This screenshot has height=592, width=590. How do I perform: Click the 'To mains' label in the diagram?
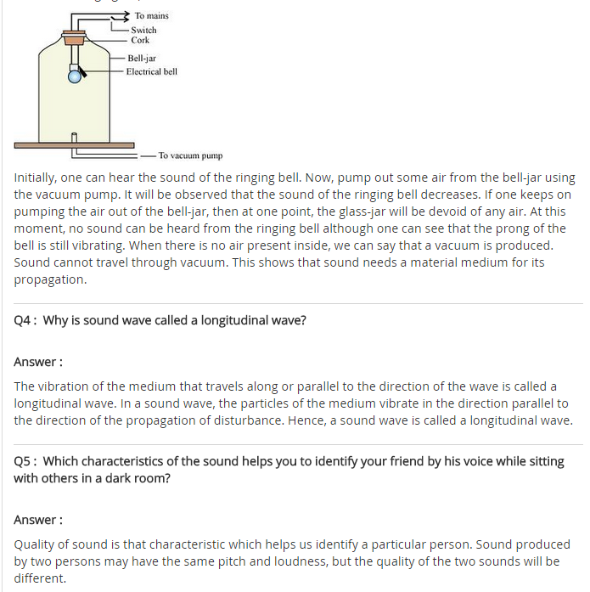(151, 16)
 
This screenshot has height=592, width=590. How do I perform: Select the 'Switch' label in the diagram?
(143, 30)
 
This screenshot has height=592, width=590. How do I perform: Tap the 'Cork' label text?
(140, 40)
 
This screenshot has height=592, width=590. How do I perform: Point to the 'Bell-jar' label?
(142, 59)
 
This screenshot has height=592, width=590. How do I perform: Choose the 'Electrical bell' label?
(152, 71)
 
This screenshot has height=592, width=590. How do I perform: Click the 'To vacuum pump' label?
(190, 155)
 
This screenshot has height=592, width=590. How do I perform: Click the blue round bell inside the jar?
(75, 76)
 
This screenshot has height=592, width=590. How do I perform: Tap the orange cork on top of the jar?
(75, 38)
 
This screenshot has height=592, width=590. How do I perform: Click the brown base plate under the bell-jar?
(75, 145)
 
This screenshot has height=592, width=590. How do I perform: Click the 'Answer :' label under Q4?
(38, 362)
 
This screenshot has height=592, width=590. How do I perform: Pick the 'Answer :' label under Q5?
(38, 519)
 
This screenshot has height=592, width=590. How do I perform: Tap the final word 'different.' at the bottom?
(40, 578)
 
